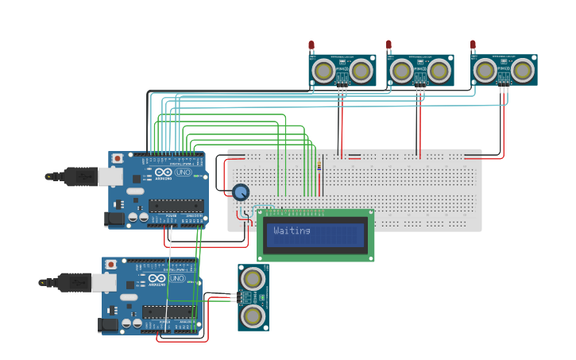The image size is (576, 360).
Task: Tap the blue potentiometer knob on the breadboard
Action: [x=240, y=192]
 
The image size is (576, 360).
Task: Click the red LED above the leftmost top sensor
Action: [x=311, y=45]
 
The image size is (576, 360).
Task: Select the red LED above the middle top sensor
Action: [x=389, y=45]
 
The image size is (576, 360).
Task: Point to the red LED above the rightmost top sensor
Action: [x=473, y=45]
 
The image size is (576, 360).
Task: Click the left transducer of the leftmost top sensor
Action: [x=323, y=72]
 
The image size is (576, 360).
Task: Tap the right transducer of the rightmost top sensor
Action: [x=522, y=71]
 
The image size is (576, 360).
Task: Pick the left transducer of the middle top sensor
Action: [x=401, y=72]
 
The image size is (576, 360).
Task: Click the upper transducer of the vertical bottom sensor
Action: [x=253, y=279]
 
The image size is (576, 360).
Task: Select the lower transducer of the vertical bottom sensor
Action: [x=253, y=316]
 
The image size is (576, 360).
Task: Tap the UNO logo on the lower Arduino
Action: [x=176, y=279]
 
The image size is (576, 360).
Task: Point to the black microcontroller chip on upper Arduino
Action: [x=176, y=206]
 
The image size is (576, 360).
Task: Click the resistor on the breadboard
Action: [x=319, y=166]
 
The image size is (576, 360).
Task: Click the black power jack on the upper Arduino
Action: [x=116, y=218]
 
